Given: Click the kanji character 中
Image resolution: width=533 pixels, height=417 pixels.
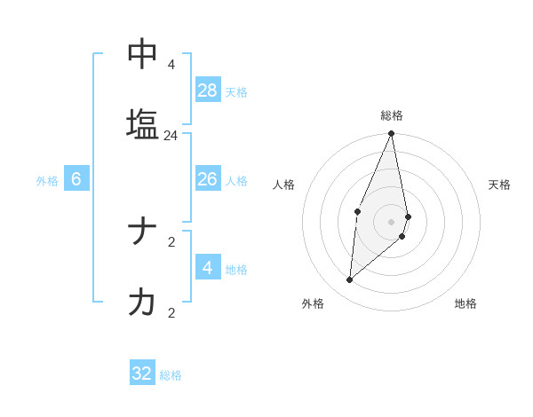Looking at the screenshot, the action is click(142, 54).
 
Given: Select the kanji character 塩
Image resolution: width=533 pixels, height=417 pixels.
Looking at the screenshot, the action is click(142, 124).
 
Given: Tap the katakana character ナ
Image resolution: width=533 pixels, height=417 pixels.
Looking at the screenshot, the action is click(142, 232).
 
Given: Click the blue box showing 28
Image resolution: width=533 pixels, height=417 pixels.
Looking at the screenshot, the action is click(208, 90).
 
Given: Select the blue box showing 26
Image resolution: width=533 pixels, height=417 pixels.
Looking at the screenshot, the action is click(208, 179).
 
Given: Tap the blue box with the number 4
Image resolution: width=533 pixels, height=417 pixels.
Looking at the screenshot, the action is click(208, 268).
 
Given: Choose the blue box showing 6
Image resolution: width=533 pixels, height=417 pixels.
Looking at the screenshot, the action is click(76, 179).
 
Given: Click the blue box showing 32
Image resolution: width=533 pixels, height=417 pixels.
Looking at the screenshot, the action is click(142, 374).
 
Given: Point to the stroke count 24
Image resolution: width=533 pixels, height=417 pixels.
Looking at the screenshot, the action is click(171, 136).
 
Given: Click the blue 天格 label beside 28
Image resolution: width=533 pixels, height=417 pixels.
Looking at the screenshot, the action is click(236, 92).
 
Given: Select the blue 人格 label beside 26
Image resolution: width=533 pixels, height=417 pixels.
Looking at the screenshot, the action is click(236, 181).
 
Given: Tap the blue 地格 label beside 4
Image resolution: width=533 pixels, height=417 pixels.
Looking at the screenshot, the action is click(236, 270).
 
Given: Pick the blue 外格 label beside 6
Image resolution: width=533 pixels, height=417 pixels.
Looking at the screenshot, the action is click(47, 181).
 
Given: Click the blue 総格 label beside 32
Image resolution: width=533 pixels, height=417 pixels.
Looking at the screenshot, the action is click(171, 375).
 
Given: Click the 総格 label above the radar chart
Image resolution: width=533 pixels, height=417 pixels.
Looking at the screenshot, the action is click(392, 115).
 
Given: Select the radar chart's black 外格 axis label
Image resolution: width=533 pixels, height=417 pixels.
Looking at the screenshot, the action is click(313, 303).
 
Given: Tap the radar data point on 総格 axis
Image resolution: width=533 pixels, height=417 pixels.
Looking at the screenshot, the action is click(392, 134).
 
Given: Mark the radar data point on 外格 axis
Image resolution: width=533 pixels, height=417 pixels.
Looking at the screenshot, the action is click(350, 279).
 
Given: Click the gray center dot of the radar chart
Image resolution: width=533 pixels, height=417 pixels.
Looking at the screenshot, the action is click(392, 221).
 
